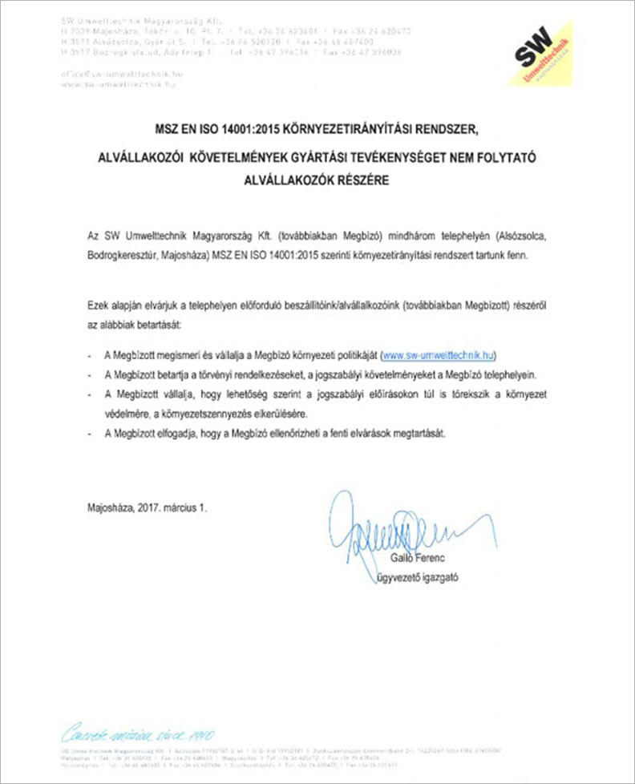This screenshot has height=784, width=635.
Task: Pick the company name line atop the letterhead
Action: (125, 18)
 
